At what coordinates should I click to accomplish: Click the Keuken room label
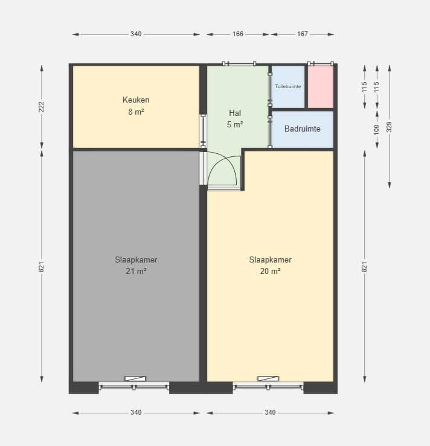(x=136, y=100)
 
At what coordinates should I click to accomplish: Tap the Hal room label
(x=235, y=113)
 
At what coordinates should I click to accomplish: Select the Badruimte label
(x=302, y=129)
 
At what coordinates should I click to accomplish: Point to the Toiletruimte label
(x=288, y=86)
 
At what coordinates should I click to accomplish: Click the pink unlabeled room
(x=321, y=87)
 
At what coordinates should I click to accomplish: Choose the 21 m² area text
(x=136, y=271)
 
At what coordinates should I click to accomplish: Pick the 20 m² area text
(x=270, y=271)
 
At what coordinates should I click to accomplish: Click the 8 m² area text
(x=136, y=112)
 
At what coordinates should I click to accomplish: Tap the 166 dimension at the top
(x=237, y=34)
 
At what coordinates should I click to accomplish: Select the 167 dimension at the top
(x=302, y=34)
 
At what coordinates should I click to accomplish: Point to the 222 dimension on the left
(x=42, y=107)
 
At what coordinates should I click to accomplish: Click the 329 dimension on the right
(x=390, y=127)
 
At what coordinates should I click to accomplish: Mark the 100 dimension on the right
(x=377, y=130)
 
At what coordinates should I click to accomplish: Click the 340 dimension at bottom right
(x=270, y=412)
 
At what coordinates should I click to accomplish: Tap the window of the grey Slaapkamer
(x=133, y=386)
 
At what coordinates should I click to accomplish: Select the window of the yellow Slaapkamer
(x=268, y=386)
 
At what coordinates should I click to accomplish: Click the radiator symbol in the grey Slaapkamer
(x=135, y=378)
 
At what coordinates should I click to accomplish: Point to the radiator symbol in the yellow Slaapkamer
(x=268, y=378)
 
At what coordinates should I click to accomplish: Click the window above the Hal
(x=239, y=63)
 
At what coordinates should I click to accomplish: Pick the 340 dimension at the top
(x=136, y=34)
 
